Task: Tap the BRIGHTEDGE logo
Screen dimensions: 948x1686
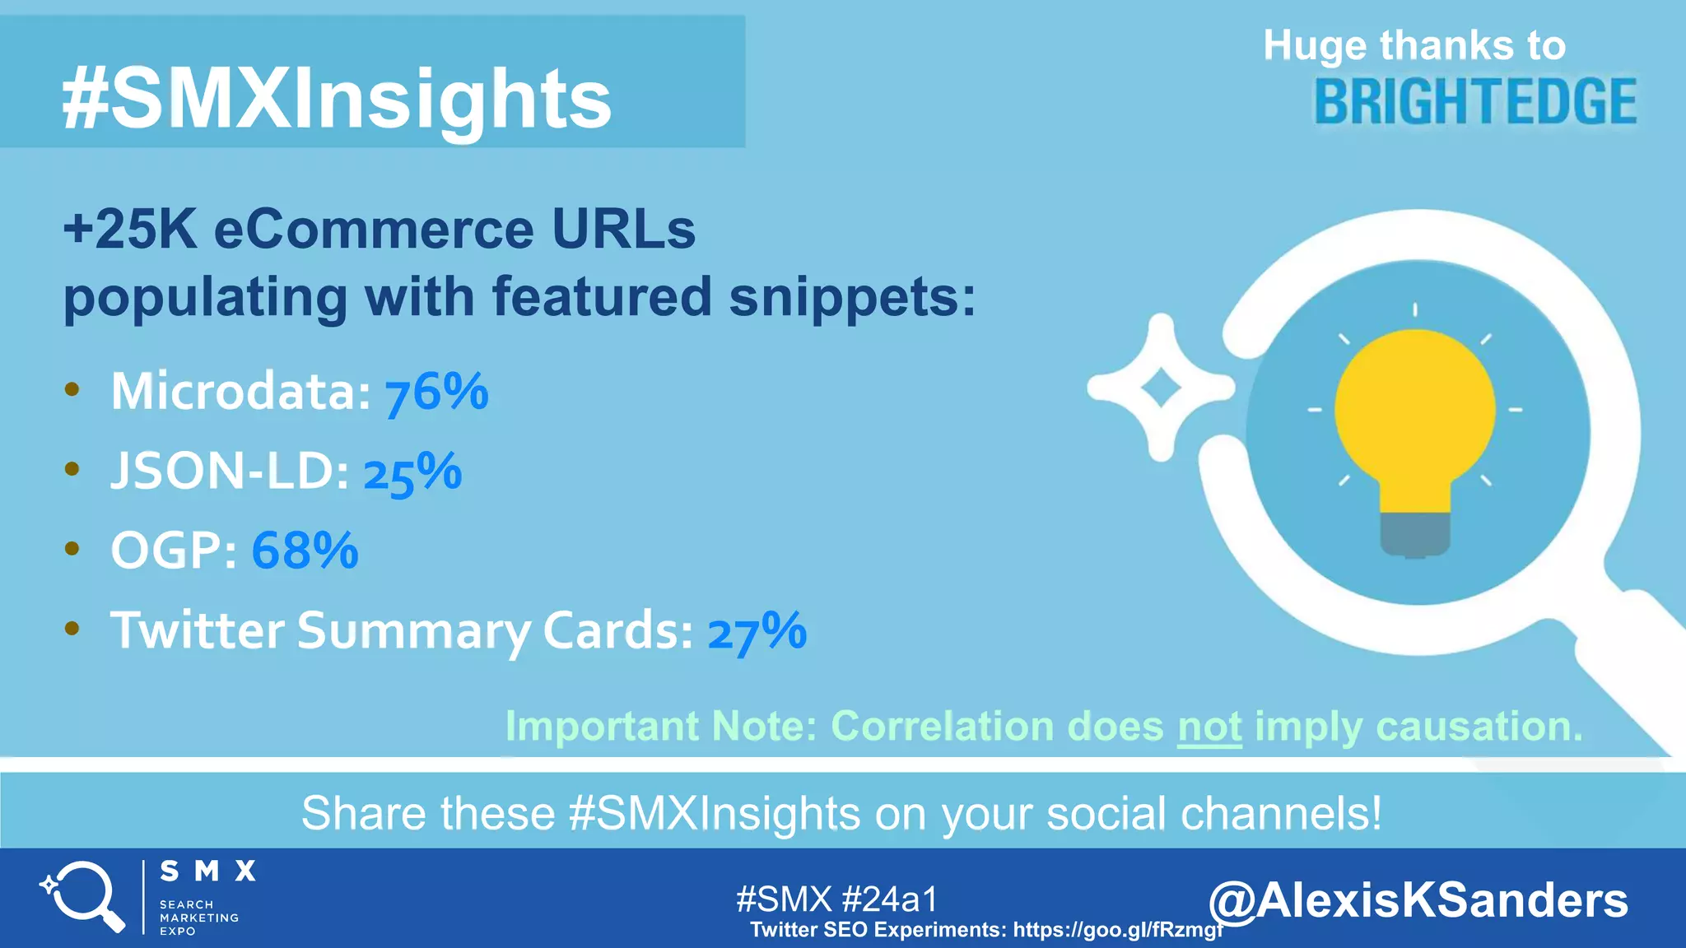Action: click(1475, 102)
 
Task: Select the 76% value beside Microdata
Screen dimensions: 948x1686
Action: click(436, 392)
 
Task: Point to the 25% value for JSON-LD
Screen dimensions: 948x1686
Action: click(412, 473)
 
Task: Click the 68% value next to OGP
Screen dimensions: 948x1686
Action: click(305, 551)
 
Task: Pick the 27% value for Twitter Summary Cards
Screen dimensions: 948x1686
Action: click(757, 632)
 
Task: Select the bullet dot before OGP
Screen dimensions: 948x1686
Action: click(72, 549)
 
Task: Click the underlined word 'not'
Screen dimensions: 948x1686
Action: click(1209, 727)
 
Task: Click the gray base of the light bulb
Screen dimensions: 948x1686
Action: click(1415, 534)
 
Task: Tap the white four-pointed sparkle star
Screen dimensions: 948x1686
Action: click(1161, 388)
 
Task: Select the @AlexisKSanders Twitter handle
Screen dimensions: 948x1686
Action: click(1418, 899)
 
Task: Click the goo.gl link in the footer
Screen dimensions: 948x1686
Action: click(1118, 930)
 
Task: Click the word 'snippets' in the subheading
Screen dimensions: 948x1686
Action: click(852, 296)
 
